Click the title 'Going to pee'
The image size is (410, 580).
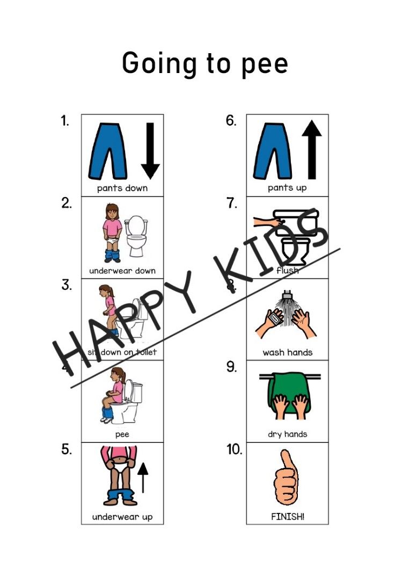tap(205, 64)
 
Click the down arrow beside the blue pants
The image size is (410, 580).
tap(150, 150)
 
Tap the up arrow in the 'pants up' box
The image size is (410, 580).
tap(311, 150)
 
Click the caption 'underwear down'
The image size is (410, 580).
tap(122, 270)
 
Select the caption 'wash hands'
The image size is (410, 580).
tap(287, 352)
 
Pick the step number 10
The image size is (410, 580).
tap(234, 450)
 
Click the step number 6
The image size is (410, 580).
tap(231, 121)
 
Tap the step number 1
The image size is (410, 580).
tap(65, 121)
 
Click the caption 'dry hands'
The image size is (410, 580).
tap(287, 434)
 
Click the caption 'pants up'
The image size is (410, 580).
tap(287, 188)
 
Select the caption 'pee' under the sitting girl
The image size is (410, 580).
tap(122, 434)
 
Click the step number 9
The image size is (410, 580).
tap(231, 368)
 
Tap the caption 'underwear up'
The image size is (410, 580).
tap(122, 517)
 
